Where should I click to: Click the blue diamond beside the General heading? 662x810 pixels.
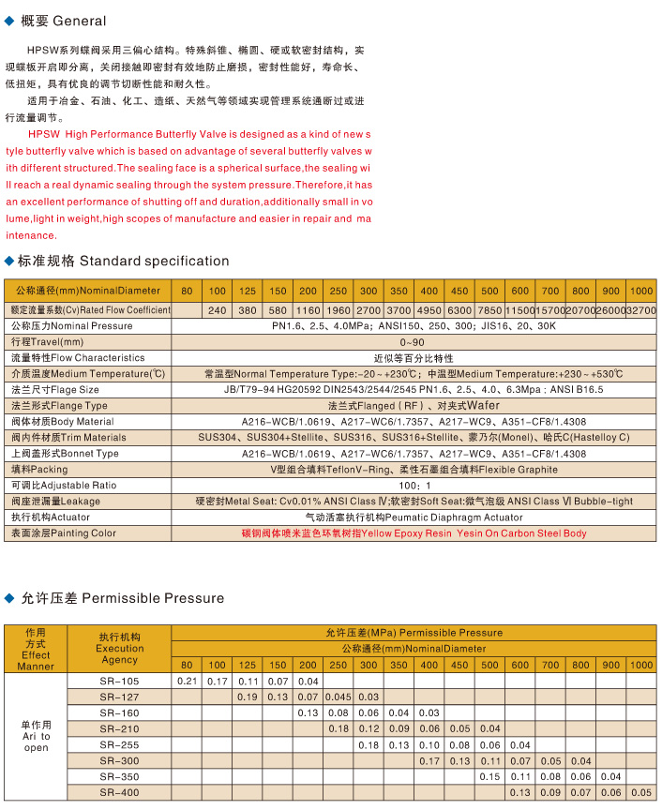pyautogui.click(x=10, y=20)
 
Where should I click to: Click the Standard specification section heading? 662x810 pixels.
pyautogui.click(x=117, y=261)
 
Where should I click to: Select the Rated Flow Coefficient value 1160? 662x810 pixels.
pyautogui.click(x=308, y=309)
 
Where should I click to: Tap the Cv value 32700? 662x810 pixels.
pyautogui.click(x=640, y=309)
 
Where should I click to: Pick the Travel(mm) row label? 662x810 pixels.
pyautogui.click(x=47, y=341)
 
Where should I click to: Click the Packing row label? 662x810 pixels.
pyautogui.click(x=38, y=469)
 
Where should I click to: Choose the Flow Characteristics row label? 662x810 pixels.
pyautogui.click(x=77, y=357)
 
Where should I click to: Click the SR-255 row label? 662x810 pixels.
pyautogui.click(x=118, y=744)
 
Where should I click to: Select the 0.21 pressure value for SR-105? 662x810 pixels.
pyautogui.click(x=187, y=681)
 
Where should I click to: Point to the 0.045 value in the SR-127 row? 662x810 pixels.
pyautogui.click(x=338, y=697)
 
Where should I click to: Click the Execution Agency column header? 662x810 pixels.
pyautogui.click(x=119, y=648)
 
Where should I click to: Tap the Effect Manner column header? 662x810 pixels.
pyautogui.click(x=36, y=648)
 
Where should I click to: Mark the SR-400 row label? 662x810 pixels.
pyautogui.click(x=118, y=792)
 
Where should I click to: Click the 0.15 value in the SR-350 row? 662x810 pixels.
pyautogui.click(x=489, y=776)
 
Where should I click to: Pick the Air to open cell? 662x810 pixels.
pyautogui.click(x=36, y=736)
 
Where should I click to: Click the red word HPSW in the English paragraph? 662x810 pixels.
pyautogui.click(x=44, y=134)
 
